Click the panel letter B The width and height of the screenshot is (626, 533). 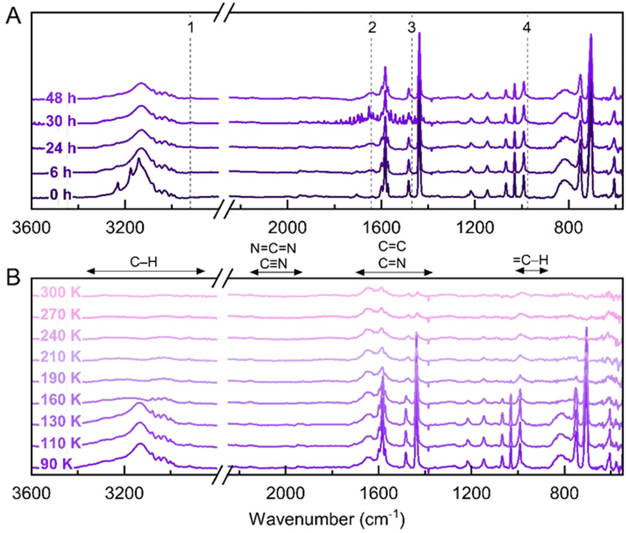(x=14, y=277)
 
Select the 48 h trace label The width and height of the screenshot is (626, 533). (x=61, y=98)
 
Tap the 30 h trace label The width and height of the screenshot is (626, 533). (x=61, y=121)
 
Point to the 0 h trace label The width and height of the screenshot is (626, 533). (x=61, y=194)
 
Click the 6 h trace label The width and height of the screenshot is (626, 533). (x=61, y=172)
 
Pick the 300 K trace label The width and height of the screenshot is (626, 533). (x=61, y=293)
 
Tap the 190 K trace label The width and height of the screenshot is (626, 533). (x=61, y=378)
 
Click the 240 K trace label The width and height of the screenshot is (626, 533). (x=61, y=336)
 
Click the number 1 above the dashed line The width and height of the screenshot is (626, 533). (x=190, y=28)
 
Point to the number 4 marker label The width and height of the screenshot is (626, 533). (x=527, y=28)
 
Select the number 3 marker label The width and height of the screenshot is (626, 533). (x=411, y=28)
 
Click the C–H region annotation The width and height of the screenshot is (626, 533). (x=144, y=262)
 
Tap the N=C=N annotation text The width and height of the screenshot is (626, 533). (x=273, y=248)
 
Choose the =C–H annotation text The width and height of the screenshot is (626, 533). (x=531, y=260)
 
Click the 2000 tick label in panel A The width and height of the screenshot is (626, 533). (x=287, y=228)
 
